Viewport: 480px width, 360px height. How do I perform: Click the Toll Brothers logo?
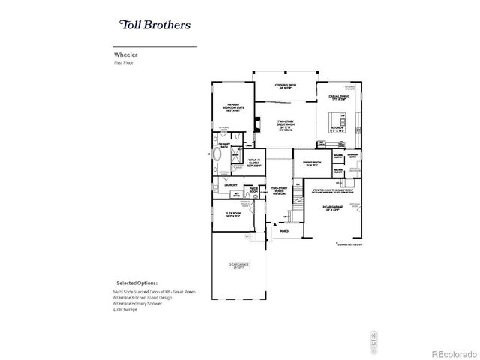coord(154,24)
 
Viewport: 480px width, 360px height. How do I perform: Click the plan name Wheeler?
coord(124,55)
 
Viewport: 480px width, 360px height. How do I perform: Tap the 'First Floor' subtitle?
coord(122,63)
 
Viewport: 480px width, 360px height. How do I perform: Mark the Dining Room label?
coord(313,163)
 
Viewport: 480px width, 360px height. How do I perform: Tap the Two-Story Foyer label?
coord(280,191)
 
